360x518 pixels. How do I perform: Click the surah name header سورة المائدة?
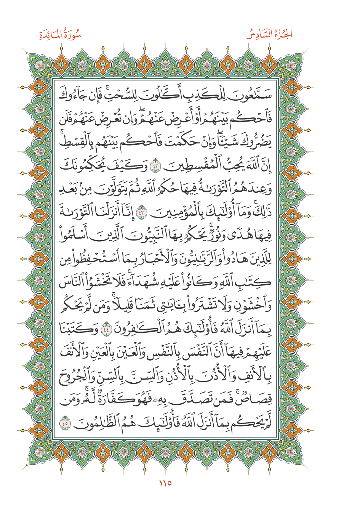(x=60, y=35)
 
